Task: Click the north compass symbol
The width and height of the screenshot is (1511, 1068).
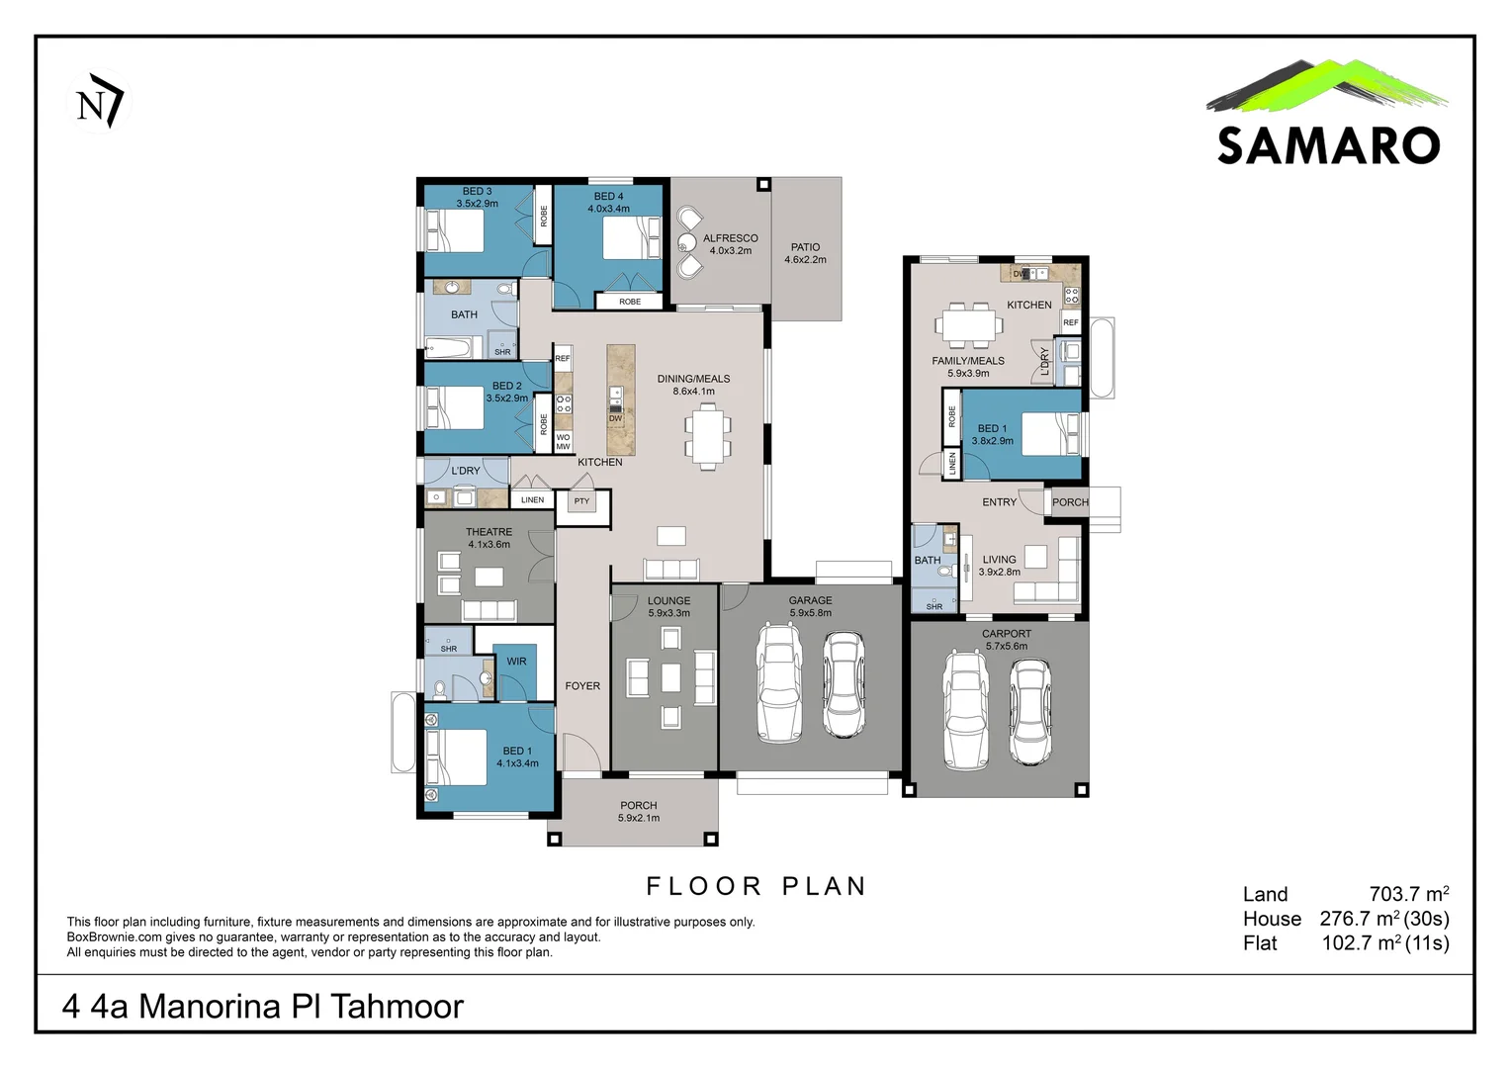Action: (98, 102)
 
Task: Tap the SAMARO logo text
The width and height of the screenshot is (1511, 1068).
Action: (1327, 145)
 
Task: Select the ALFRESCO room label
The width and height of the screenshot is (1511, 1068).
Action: (730, 238)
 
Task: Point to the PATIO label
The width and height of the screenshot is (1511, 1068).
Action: (805, 247)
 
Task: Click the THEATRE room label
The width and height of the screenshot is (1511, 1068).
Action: (489, 532)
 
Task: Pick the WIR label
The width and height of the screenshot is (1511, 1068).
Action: (516, 662)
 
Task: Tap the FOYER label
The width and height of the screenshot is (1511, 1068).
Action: (582, 686)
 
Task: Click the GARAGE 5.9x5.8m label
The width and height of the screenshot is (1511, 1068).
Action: (810, 606)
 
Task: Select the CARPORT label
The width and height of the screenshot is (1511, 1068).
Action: (1006, 634)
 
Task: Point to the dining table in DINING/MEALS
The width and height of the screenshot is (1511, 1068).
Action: (707, 436)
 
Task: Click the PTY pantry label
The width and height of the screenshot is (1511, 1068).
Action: (581, 501)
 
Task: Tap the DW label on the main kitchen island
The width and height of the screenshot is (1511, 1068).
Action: (615, 418)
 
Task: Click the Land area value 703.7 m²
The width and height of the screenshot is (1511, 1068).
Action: (1408, 894)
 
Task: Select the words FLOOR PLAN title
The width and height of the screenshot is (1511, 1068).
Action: (756, 886)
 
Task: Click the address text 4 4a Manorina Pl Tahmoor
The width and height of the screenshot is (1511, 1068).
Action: (262, 1006)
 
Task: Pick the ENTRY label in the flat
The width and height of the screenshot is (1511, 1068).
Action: (999, 502)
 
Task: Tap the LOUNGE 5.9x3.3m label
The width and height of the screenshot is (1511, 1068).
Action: (668, 606)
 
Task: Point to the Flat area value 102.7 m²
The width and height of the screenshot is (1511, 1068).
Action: (1384, 943)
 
